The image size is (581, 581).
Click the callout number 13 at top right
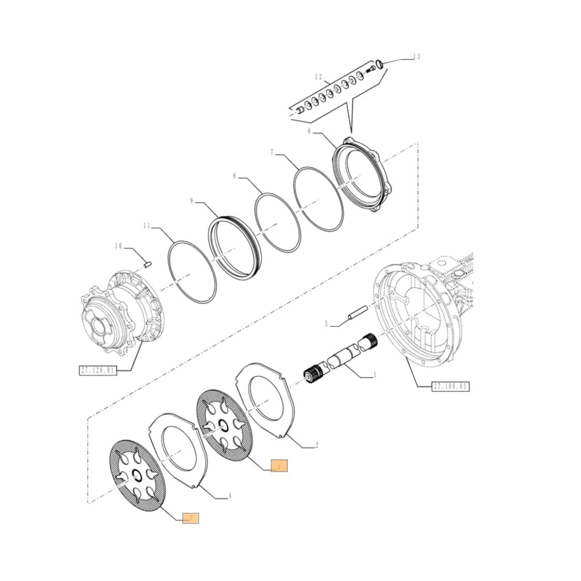415,56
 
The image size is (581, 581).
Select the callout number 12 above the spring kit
318,77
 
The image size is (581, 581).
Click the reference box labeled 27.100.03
450,386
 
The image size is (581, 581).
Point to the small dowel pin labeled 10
148,264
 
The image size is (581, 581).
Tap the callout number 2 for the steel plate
316,446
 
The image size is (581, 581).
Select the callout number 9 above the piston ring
191,202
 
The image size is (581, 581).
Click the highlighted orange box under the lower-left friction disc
191,518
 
